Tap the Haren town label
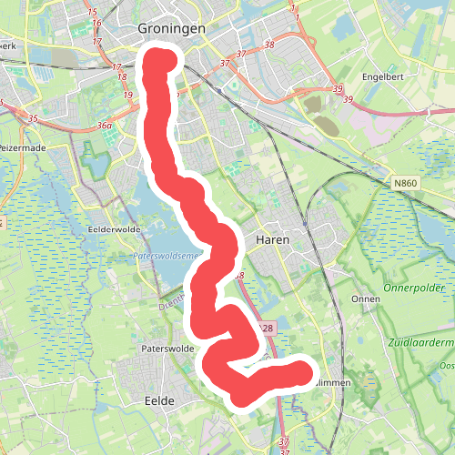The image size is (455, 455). [x=273, y=239]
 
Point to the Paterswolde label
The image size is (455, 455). [x=164, y=348]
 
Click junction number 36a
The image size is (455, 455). [x=105, y=126]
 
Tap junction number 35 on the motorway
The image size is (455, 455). [x=34, y=118]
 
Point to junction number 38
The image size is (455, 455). [x=268, y=45]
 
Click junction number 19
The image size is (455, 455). [x=128, y=95]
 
